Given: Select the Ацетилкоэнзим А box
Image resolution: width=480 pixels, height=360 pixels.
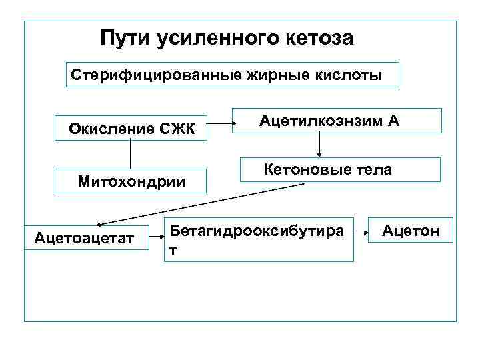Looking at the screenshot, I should click(x=337, y=121).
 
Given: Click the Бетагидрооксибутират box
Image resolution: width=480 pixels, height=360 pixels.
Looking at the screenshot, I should click(x=259, y=238).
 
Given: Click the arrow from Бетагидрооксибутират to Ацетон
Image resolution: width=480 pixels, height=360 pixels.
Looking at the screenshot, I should click(x=363, y=233).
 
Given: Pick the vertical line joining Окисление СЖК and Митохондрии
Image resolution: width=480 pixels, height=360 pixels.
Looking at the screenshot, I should click(x=130, y=153).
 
